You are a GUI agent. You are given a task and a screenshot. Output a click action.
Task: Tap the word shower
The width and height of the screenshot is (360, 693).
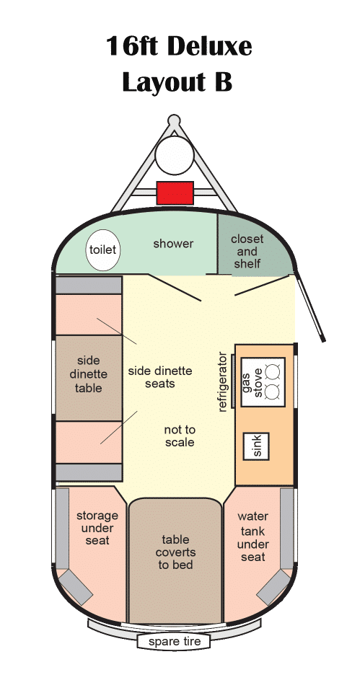[x=173, y=244]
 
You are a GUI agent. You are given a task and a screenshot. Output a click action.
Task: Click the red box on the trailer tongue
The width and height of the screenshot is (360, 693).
[x=175, y=193]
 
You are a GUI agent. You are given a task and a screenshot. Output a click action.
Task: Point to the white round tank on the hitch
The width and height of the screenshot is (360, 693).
[x=175, y=155]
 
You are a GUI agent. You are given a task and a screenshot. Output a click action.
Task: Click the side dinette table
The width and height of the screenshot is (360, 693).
[x=89, y=378]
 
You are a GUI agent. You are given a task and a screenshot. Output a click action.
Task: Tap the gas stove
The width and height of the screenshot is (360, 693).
[x=263, y=382]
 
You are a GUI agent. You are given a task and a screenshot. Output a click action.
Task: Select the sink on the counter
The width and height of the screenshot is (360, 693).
[x=257, y=446]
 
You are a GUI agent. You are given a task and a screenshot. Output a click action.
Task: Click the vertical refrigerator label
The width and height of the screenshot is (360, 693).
[x=222, y=382]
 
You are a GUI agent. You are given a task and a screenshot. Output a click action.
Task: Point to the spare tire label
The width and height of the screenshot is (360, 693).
[x=175, y=642]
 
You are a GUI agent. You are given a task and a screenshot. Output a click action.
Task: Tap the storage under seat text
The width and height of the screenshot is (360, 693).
[x=97, y=528]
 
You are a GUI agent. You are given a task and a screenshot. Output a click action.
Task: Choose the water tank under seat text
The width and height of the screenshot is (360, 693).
[x=253, y=537]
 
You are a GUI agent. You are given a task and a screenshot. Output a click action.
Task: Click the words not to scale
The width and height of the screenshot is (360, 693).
[x=180, y=436]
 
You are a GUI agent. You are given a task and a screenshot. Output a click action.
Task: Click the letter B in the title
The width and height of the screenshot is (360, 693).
[x=224, y=82]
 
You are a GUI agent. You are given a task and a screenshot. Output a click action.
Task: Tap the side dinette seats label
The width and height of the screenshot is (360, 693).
[x=160, y=377]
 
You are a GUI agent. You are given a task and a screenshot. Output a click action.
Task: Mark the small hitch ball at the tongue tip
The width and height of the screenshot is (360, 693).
[x=175, y=120]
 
